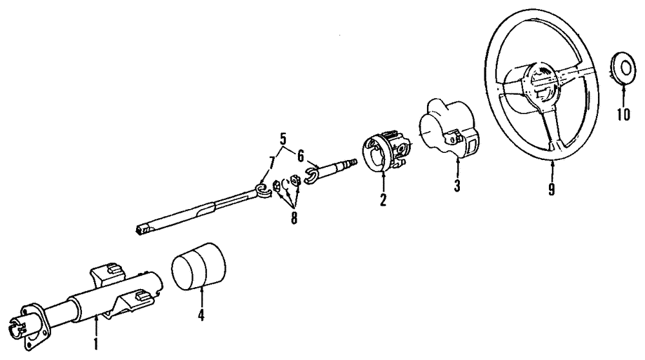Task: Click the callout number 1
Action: click(95, 344)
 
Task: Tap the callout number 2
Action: click(383, 200)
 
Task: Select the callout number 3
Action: click(457, 186)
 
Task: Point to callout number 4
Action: click(201, 315)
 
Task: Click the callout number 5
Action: click(283, 138)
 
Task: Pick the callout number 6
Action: click(301, 155)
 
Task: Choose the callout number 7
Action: click(272, 163)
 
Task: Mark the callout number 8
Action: click(293, 218)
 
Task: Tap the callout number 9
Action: click(551, 189)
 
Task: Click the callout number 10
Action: click(623, 114)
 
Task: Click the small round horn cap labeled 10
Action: click(623, 68)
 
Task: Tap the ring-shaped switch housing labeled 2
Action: click(386, 151)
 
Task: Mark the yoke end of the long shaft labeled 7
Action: click(261, 192)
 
